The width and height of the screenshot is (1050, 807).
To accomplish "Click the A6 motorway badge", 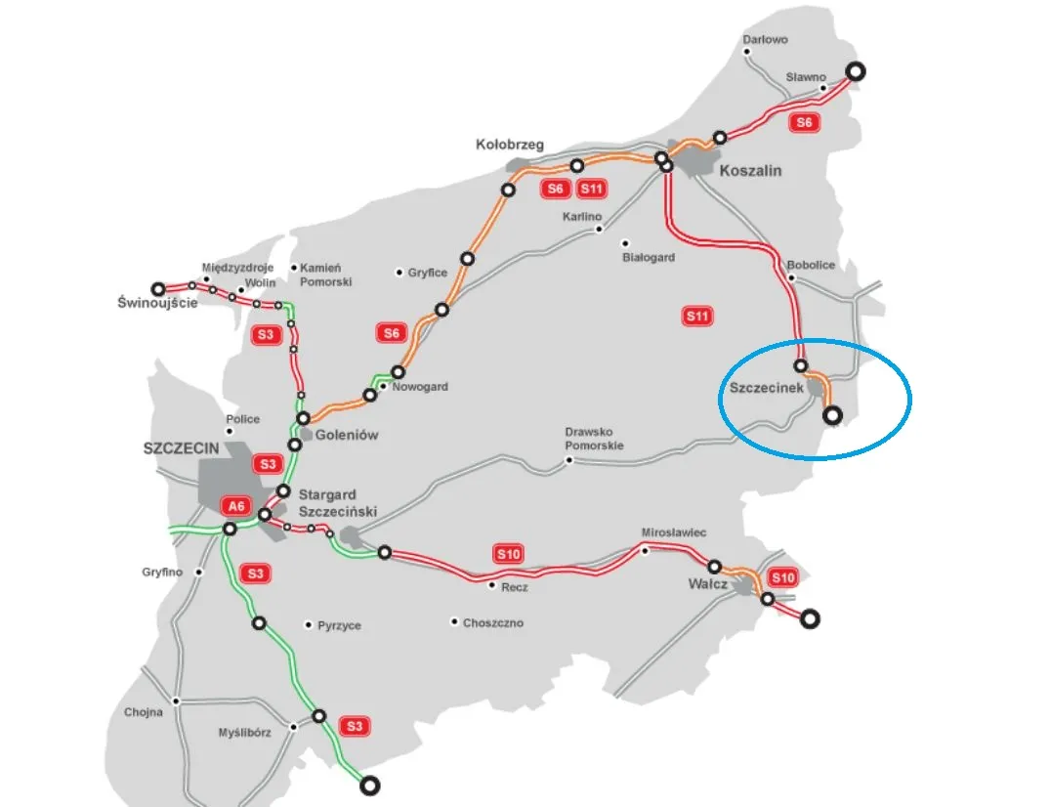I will [x=235, y=505].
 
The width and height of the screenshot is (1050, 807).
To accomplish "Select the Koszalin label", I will [x=750, y=170].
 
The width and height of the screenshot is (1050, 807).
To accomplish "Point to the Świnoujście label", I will [x=156, y=302].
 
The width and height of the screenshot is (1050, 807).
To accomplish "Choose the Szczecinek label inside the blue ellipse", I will [x=767, y=388].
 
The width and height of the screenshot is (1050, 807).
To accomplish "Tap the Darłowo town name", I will [x=765, y=40].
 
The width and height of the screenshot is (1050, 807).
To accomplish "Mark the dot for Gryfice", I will [x=399, y=273].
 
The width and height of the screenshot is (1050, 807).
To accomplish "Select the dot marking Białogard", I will [x=625, y=243].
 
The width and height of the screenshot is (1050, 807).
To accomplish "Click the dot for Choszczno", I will [x=454, y=621].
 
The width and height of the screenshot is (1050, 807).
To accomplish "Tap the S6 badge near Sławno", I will [x=803, y=122].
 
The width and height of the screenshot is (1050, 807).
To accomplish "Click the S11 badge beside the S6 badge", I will [x=592, y=189].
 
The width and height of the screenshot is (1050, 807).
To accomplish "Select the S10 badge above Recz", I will [x=509, y=554].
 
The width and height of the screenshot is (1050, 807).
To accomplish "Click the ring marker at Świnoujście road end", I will [x=158, y=288].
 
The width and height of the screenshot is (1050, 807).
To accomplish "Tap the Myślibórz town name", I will [x=244, y=731].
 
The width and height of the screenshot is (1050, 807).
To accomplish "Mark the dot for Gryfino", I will [x=199, y=572].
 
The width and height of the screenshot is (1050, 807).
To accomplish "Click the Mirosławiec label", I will [x=673, y=532].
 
